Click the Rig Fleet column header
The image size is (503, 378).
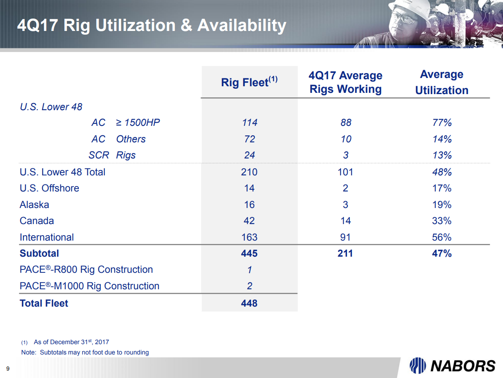click(x=249, y=82)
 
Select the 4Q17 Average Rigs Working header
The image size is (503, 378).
click(x=345, y=82)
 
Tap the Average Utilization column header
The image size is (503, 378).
click(x=441, y=82)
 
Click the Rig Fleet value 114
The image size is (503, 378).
click(x=249, y=123)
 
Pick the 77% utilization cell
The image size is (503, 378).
click(x=441, y=123)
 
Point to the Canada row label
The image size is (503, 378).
click(x=37, y=221)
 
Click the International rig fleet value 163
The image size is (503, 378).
click(x=249, y=237)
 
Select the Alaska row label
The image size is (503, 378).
click(x=34, y=205)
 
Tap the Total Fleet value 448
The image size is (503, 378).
click(x=249, y=303)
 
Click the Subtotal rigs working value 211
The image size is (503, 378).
click(x=345, y=253)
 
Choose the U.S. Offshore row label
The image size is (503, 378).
click(x=49, y=188)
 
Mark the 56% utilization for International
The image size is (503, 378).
click(x=441, y=237)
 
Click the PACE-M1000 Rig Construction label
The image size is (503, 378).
click(x=89, y=286)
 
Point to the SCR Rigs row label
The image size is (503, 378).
click(x=112, y=155)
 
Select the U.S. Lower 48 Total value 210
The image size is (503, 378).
click(x=249, y=172)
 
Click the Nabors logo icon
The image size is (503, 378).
click(x=418, y=365)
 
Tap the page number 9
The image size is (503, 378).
click(x=7, y=369)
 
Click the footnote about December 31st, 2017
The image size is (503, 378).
click(x=71, y=342)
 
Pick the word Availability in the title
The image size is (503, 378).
click(x=242, y=26)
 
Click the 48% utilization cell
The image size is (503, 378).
click(x=441, y=172)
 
